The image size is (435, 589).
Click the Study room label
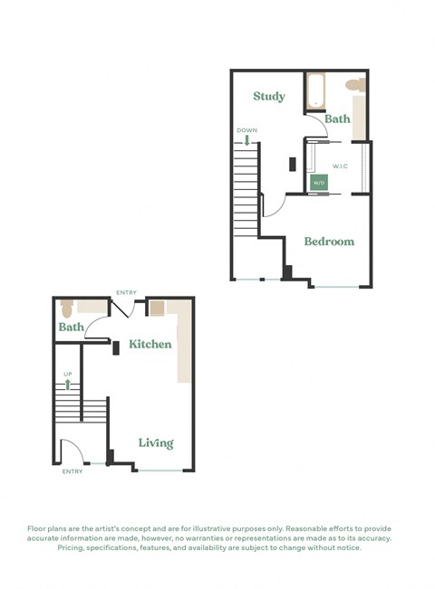[268, 96]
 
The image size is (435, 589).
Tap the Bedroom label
[329, 242]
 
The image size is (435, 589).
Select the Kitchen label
[150, 345]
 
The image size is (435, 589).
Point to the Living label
[156, 442]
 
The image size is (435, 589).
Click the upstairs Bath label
[337, 119]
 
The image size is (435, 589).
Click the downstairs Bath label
[72, 327]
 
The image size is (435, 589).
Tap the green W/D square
[319, 183]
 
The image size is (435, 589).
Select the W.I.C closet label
[342, 166]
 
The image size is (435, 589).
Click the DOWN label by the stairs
[246, 130]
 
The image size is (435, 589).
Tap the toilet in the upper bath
[355, 85]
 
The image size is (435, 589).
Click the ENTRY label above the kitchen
[126, 293]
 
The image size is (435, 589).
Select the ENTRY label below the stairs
[72, 471]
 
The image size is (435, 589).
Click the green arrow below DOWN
[246, 140]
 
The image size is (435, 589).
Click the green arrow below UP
[68, 384]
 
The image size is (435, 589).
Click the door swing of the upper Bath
[314, 124]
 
